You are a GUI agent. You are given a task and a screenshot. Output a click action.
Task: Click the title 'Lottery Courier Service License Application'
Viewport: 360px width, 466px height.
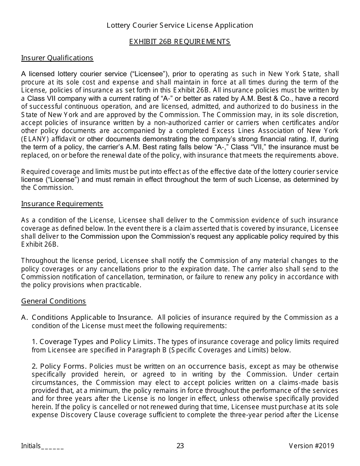tap(180, 25)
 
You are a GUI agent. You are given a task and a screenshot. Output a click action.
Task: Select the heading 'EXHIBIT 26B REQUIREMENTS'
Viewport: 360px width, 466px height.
tap(180, 42)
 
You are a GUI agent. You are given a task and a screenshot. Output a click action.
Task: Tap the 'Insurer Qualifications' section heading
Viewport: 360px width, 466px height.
tap(57, 58)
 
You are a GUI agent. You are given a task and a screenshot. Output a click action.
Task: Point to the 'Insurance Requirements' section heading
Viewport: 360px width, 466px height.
tap(62, 204)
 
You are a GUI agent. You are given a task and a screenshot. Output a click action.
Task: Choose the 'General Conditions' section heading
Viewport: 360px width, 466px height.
tap(53, 301)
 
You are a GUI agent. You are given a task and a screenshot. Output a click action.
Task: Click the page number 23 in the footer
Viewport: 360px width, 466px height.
tap(180, 446)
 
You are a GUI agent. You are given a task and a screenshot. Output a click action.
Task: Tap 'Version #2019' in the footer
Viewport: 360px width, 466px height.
tap(311, 446)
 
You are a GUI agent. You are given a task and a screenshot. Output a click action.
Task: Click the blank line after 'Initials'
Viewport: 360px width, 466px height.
tap(52, 446)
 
